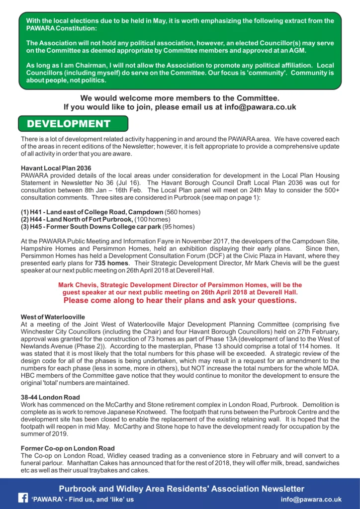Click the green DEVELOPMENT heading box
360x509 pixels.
pos(73,124)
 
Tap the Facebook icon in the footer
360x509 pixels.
pos(23,499)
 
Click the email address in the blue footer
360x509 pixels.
pos(311,499)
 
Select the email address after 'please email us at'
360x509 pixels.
pos(261,107)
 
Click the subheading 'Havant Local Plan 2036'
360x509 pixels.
pos(56,168)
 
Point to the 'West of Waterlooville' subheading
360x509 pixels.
pos(53,317)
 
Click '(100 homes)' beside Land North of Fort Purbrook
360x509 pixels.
pos(152,220)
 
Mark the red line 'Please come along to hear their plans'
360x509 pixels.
pos(180,301)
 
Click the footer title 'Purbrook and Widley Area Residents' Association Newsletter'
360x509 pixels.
pos(181,489)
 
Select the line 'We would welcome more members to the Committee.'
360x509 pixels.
pos(180,98)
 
